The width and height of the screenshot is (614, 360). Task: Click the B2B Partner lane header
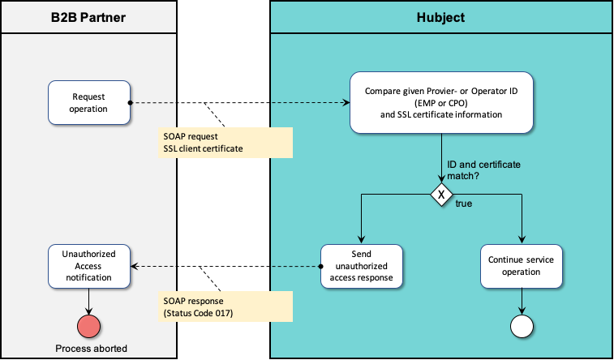[88, 16]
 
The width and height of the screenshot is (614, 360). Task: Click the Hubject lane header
[441, 16]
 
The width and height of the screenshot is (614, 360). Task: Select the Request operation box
[88, 103]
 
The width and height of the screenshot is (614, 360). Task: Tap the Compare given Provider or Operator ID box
[441, 103]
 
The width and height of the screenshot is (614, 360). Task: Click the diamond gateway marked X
[441, 195]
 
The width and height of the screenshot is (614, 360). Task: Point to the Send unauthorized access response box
[361, 266]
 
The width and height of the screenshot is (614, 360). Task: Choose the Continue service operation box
[521, 266]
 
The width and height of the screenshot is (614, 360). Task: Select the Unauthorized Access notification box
[88, 266]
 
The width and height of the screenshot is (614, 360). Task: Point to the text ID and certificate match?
[484, 169]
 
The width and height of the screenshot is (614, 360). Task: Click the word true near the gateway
[464, 204]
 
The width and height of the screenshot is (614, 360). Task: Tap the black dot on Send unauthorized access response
[320, 266]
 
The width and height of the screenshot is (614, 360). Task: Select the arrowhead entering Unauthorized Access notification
[136, 266]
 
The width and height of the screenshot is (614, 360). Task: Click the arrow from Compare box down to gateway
[441, 158]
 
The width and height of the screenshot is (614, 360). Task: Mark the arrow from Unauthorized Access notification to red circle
[88, 300]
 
